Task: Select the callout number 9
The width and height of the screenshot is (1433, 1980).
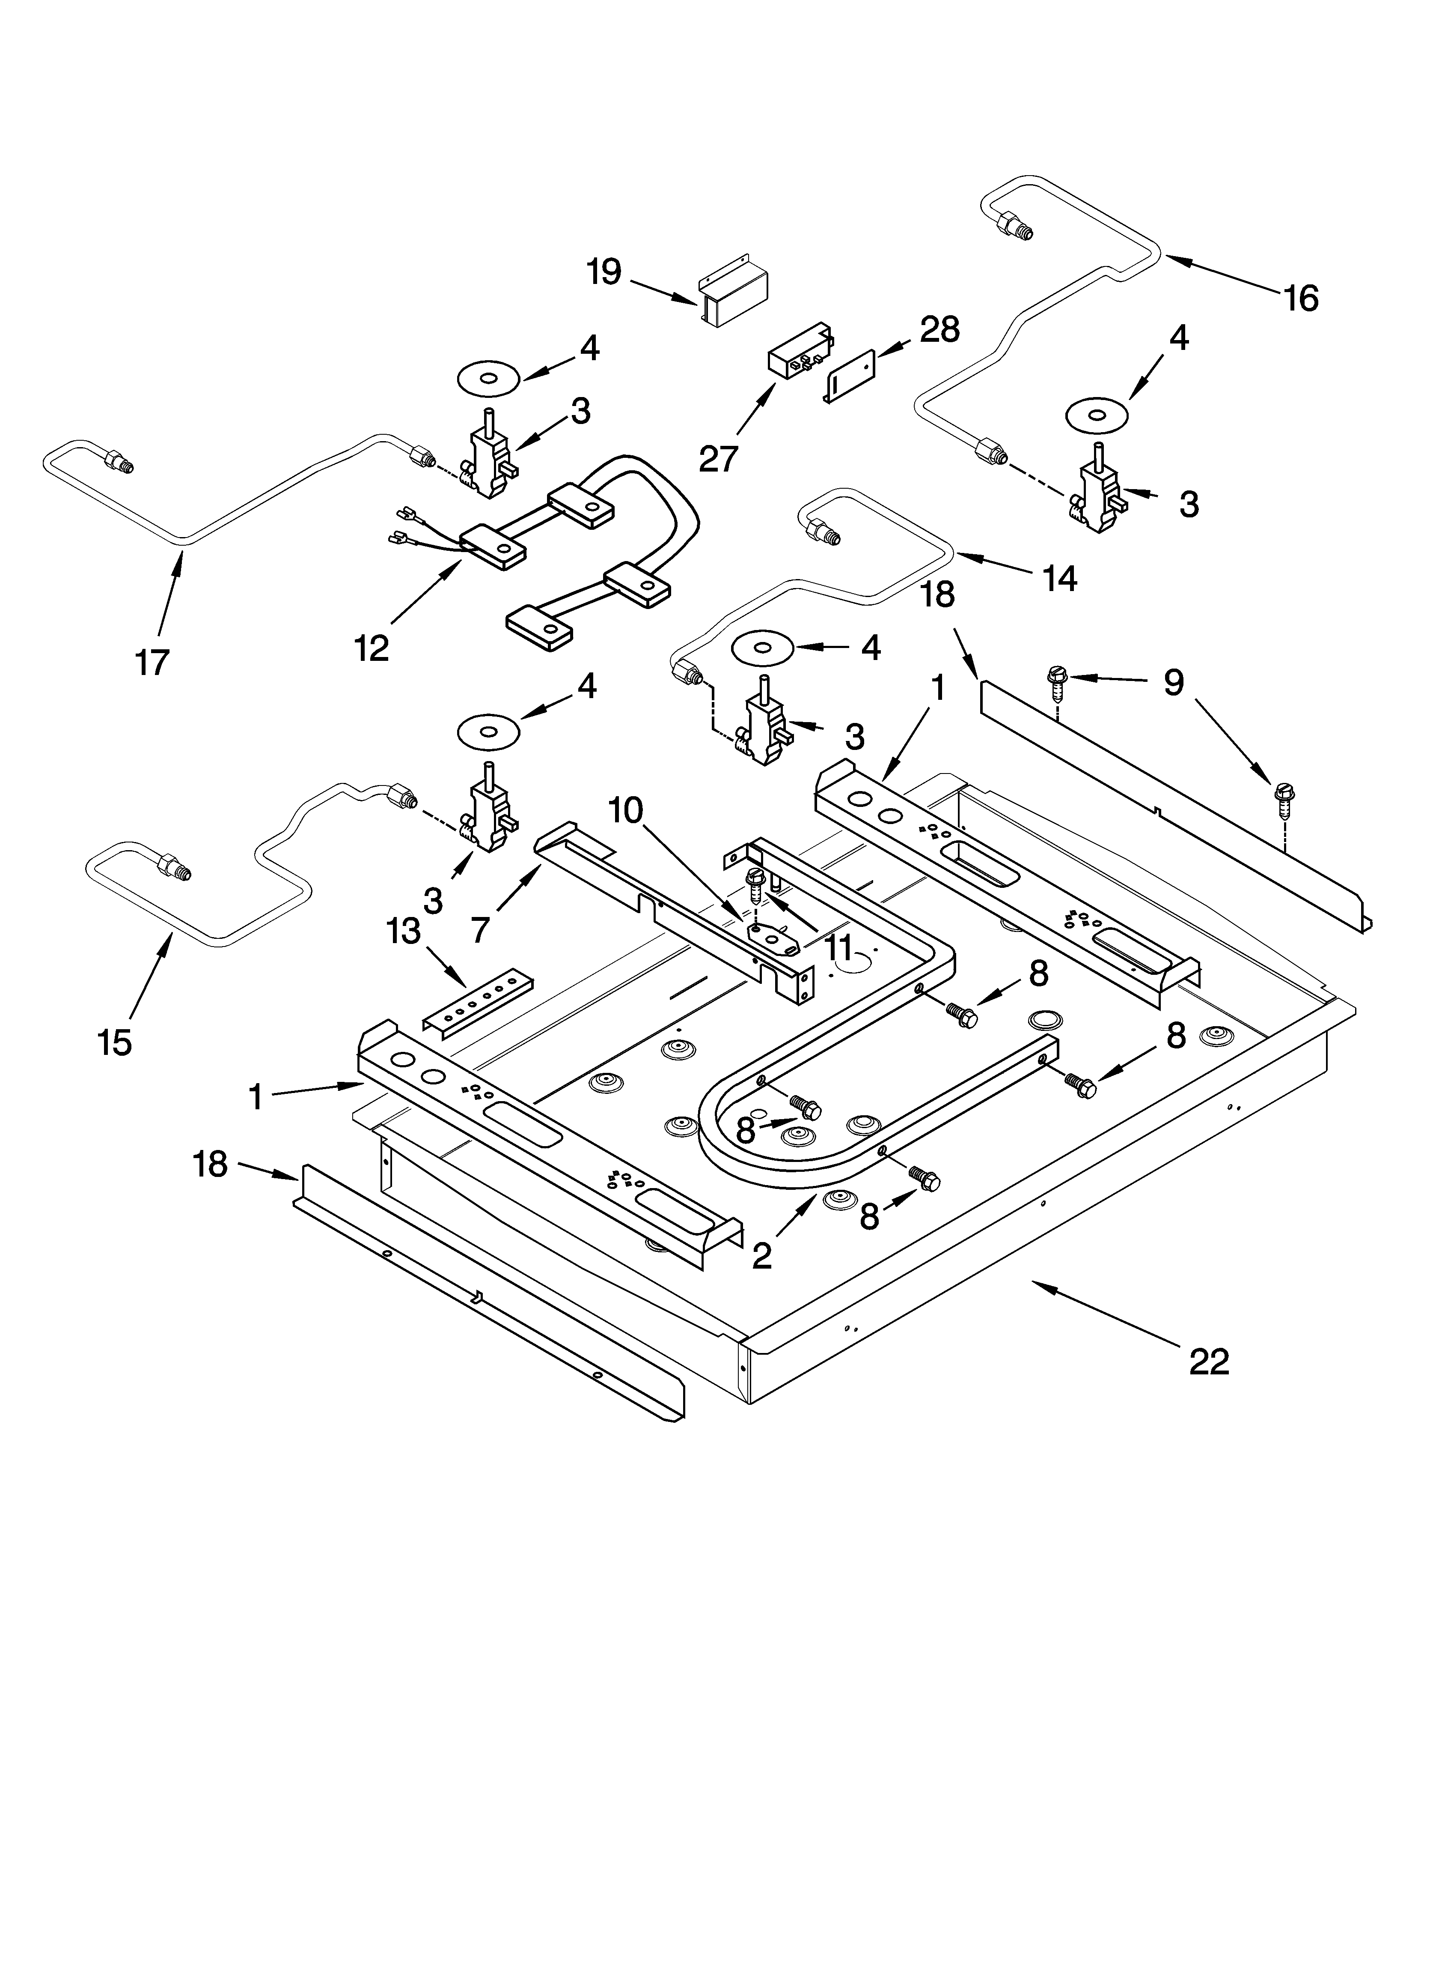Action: [x=1173, y=683]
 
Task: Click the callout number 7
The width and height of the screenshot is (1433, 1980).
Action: [x=480, y=930]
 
